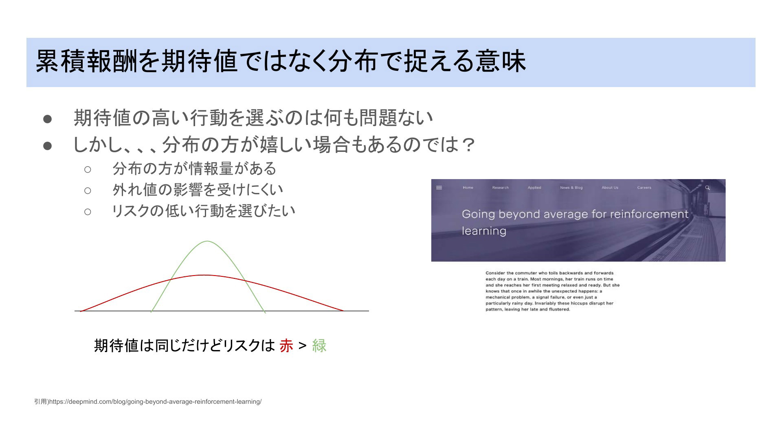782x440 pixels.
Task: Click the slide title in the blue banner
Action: coord(281,61)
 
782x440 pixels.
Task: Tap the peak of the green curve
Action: coord(207,241)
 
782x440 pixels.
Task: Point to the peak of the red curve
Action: coord(206,276)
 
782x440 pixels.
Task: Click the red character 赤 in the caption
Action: coord(286,346)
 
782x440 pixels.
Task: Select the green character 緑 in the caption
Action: coord(319,346)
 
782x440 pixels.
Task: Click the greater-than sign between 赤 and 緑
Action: coord(302,346)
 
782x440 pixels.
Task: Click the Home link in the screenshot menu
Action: coord(468,188)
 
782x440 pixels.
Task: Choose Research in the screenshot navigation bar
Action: coord(500,188)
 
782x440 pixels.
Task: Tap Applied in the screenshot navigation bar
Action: coord(534,188)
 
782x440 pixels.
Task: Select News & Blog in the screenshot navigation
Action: coord(571,188)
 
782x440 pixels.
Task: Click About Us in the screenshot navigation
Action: coord(610,188)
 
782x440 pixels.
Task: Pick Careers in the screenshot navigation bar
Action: coord(644,188)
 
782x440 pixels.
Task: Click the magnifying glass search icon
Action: coord(707,188)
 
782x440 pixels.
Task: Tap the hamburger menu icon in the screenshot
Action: coord(439,188)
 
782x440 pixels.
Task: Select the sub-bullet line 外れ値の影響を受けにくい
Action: coord(198,190)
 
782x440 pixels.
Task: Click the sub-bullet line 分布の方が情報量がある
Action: coord(195,169)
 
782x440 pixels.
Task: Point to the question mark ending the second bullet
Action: coord(469,144)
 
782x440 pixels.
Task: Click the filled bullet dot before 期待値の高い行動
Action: coord(48,118)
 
